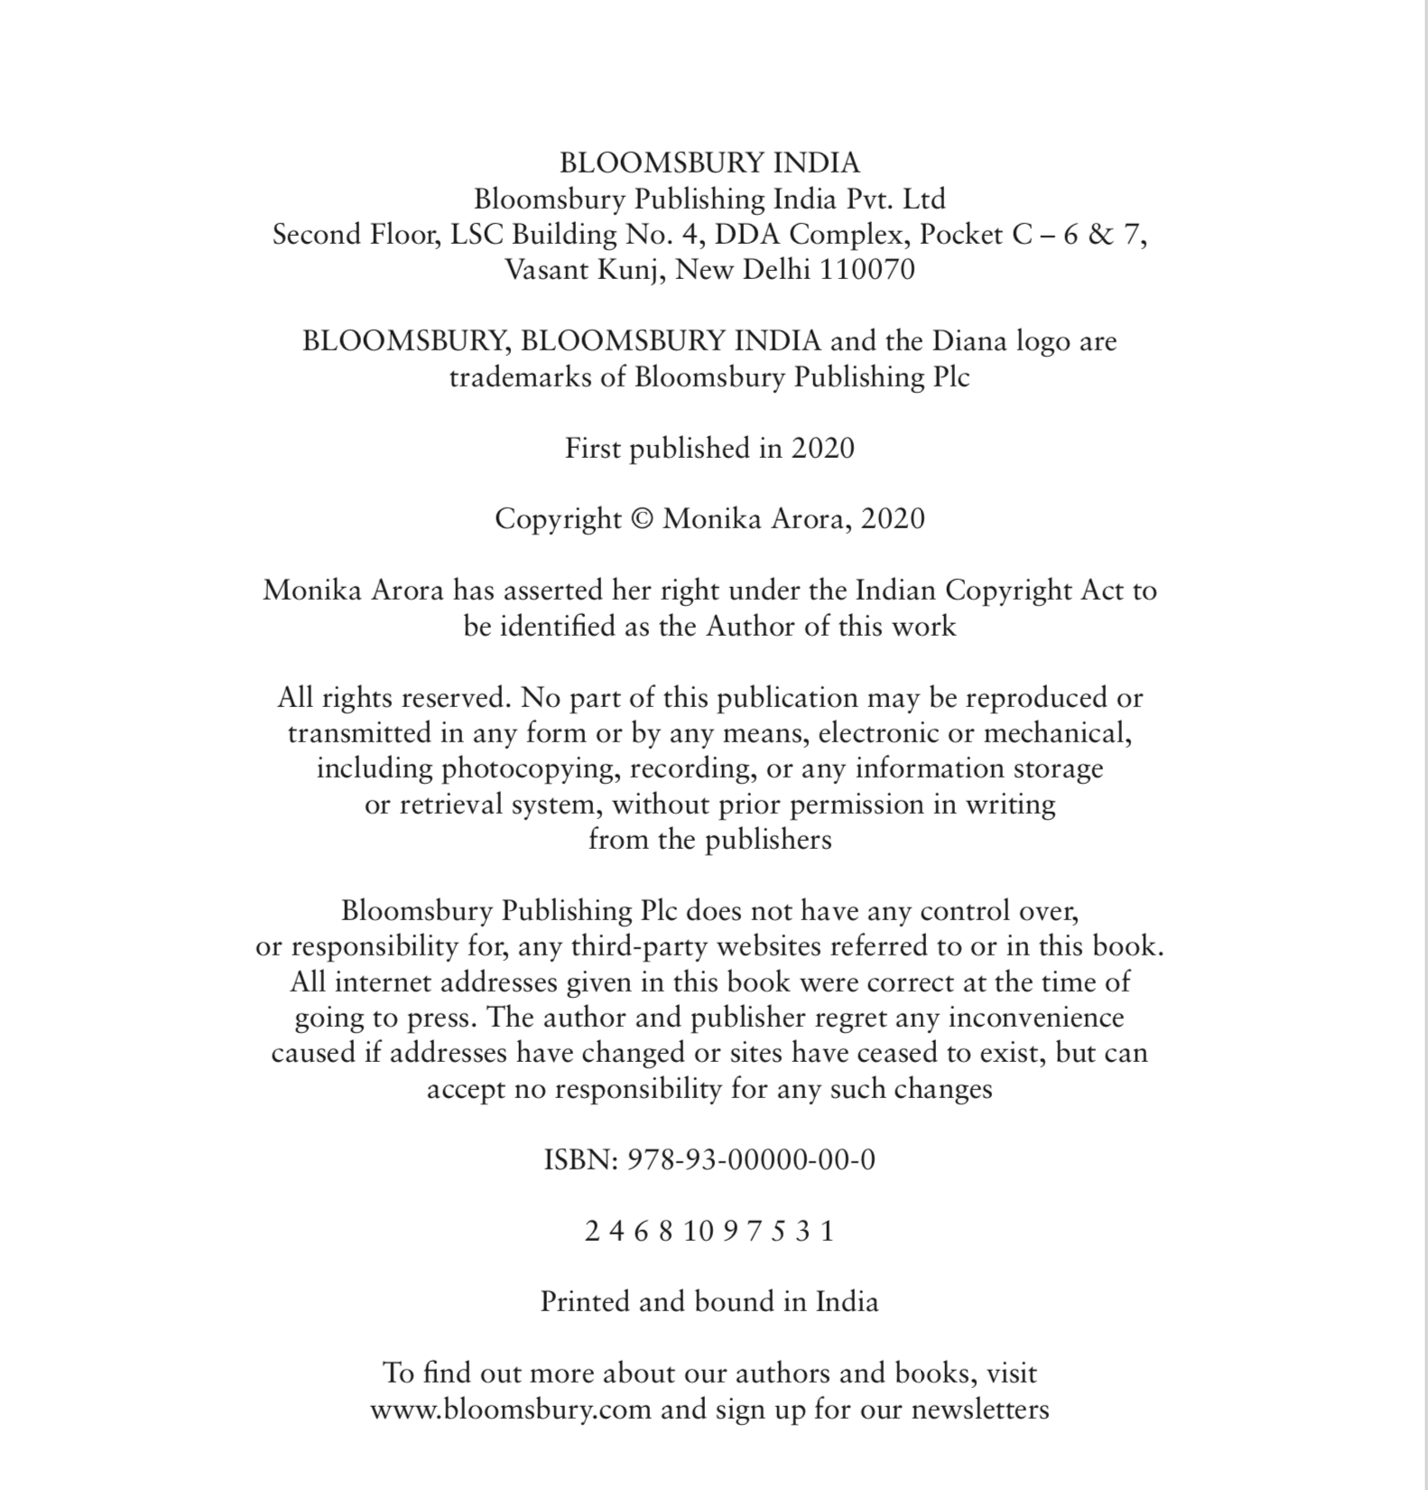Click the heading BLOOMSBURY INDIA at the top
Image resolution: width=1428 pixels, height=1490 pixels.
[709, 163]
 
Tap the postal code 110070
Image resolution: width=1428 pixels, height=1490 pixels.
[867, 270]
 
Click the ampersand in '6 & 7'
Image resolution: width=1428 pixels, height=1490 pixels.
[1100, 235]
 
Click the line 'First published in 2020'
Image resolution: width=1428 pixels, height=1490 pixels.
[709, 448]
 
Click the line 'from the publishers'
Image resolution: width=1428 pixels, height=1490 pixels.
[709, 840]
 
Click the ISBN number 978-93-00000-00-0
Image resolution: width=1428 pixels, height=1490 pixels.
[751, 1159]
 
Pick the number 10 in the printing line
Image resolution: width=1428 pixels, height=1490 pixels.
[699, 1231]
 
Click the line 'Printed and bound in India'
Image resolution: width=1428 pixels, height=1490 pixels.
[709, 1302]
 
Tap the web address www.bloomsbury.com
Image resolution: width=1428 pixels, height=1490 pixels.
[510, 1410]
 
